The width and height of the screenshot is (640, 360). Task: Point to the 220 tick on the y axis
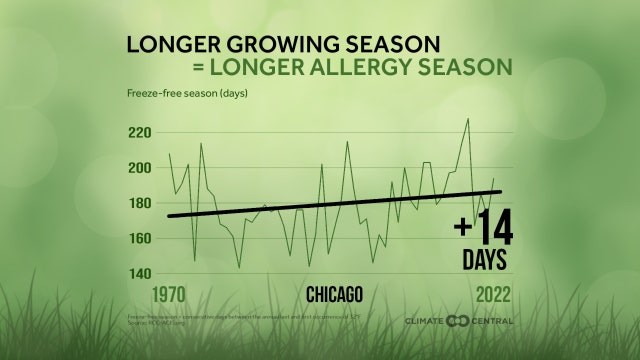140,133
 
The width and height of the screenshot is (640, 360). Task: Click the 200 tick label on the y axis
140,168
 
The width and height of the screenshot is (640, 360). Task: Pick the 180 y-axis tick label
140,203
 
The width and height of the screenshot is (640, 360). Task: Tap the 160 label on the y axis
140,238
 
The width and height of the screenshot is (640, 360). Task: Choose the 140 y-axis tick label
140,273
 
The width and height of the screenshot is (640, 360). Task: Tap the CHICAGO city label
334,294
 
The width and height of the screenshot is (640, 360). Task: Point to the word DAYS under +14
484,260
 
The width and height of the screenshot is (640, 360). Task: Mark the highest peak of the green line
467,119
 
